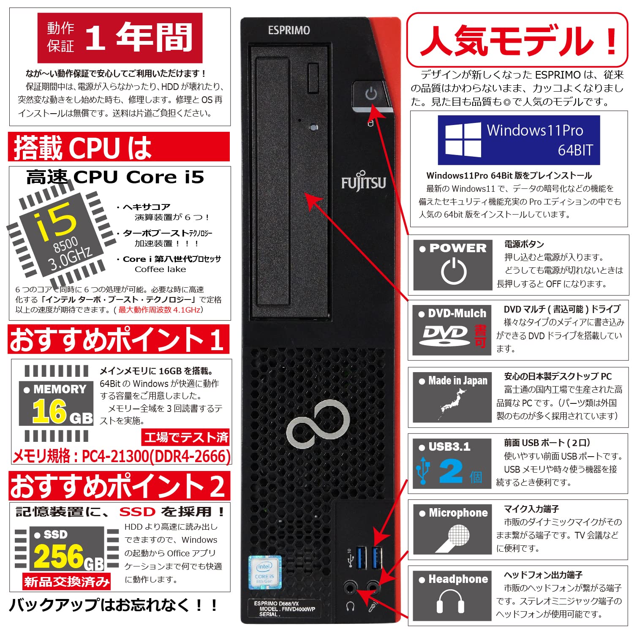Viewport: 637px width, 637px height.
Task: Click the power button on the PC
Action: pos(370,94)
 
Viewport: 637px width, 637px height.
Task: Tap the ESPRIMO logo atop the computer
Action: pos(289,30)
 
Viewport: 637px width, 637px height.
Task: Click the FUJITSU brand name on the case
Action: pos(363,182)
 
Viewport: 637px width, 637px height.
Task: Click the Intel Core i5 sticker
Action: pos(264,572)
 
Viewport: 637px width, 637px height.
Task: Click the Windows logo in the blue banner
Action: pos(463,140)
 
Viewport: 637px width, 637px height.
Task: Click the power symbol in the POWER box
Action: pos(454,271)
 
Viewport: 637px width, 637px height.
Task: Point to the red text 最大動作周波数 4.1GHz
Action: pos(159,310)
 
